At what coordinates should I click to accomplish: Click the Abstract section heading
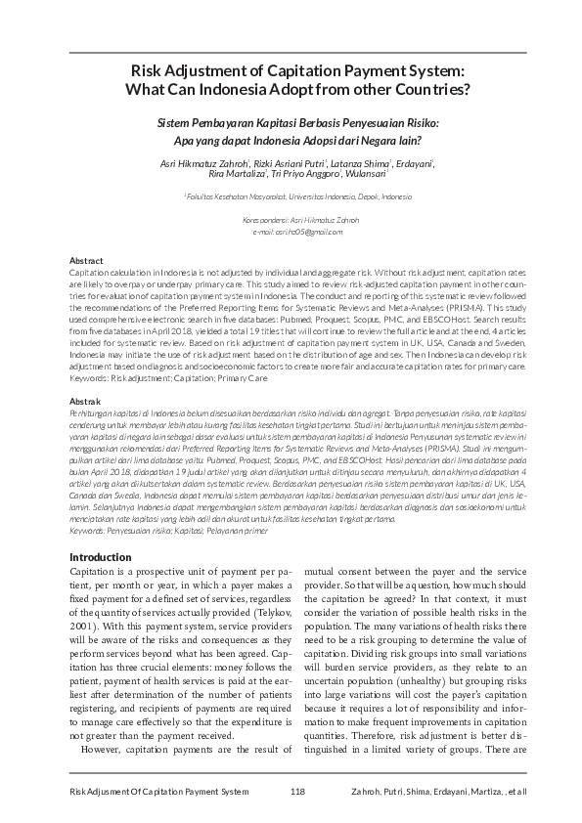(x=85, y=261)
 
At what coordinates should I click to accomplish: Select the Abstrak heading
(x=84, y=402)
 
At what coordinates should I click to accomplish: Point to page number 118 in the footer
(x=298, y=790)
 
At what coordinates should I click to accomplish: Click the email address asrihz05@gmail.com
(x=291, y=231)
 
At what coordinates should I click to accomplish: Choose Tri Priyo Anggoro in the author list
(x=305, y=174)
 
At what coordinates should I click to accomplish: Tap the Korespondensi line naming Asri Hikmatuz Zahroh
(x=291, y=220)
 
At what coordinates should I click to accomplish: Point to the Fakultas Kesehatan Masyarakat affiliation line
(x=291, y=196)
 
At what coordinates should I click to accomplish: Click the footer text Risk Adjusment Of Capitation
(x=152, y=790)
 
